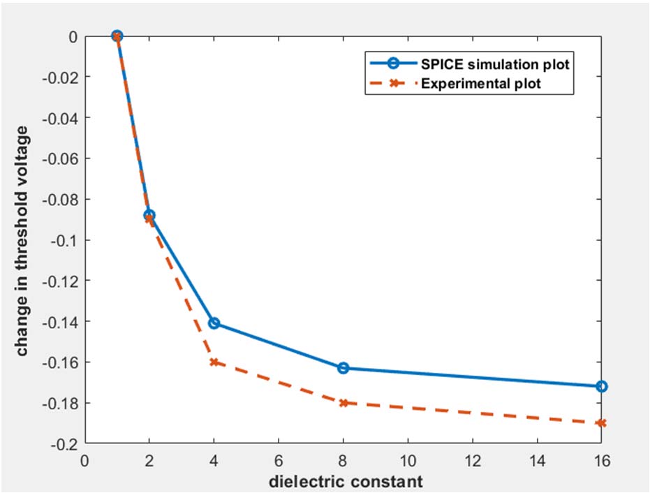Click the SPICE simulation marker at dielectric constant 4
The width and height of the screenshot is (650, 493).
click(x=214, y=323)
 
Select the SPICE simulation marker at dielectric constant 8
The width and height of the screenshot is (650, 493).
click(x=343, y=368)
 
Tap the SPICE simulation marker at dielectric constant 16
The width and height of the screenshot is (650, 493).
click(x=601, y=386)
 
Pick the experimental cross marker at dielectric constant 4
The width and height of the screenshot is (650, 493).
click(x=214, y=362)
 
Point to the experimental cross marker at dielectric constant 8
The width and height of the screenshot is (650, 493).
click(x=343, y=403)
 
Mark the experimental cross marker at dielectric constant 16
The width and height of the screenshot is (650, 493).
click(x=601, y=423)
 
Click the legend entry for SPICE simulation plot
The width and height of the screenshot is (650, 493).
click(x=495, y=64)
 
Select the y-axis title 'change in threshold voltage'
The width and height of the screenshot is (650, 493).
click(x=23, y=240)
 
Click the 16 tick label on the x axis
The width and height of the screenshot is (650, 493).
click(x=601, y=462)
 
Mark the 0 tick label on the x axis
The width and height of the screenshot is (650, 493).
click(x=85, y=462)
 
